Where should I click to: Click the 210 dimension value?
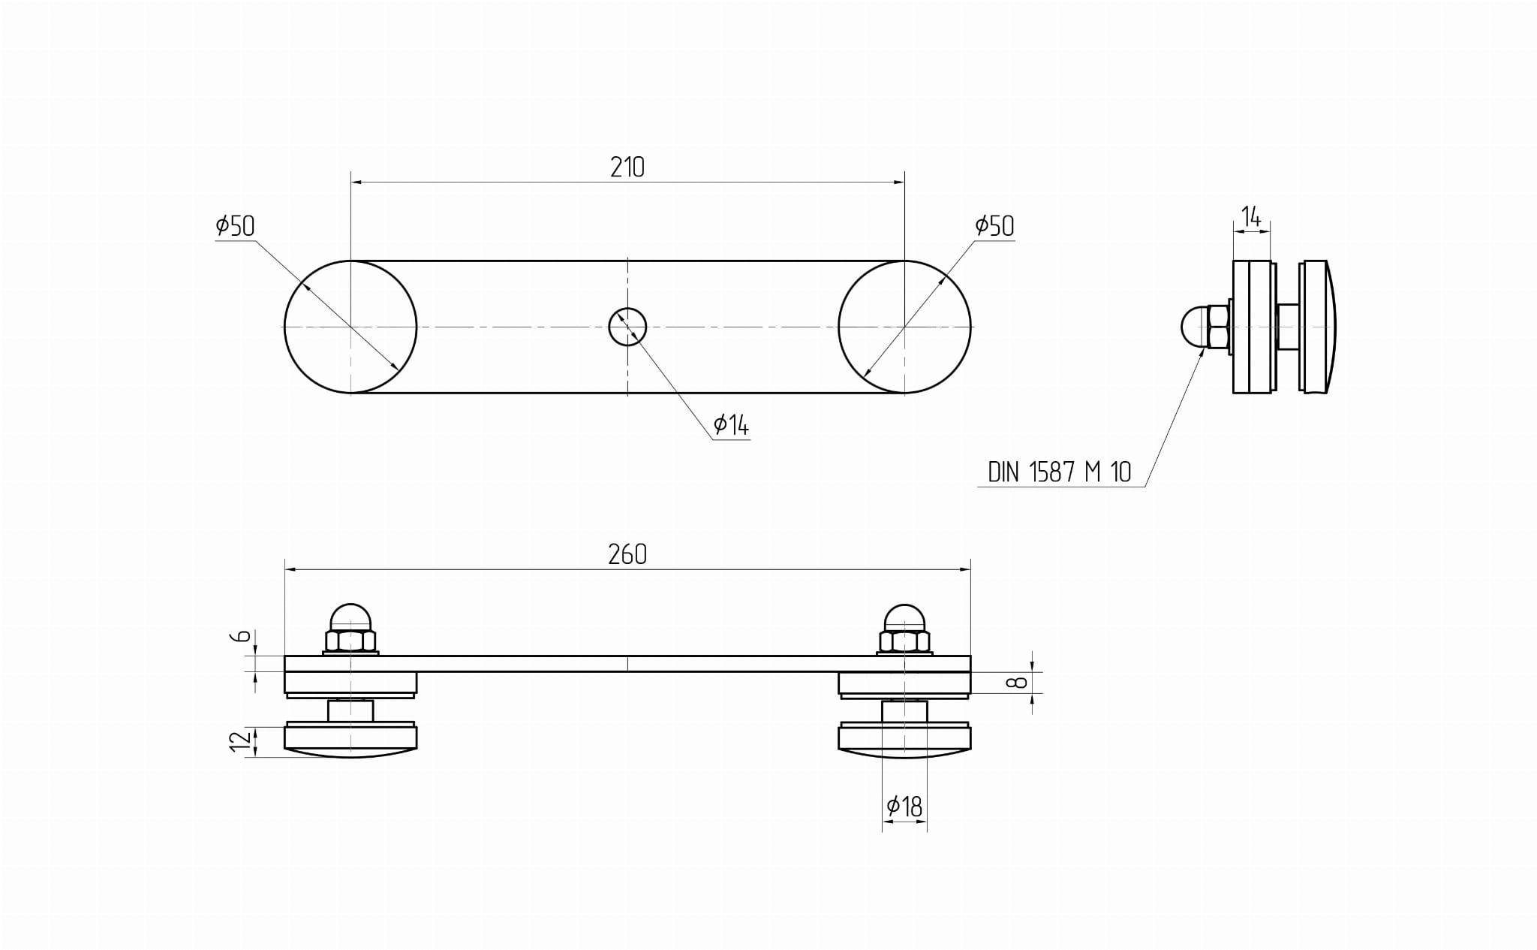[627, 167]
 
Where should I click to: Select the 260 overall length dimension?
[627, 554]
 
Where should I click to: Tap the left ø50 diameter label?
[236, 225]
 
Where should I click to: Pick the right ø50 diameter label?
[994, 225]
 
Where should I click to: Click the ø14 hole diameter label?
[731, 425]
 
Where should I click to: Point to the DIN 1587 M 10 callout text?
[1059, 472]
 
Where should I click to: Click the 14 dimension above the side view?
[1251, 217]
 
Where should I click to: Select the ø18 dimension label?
[904, 807]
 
